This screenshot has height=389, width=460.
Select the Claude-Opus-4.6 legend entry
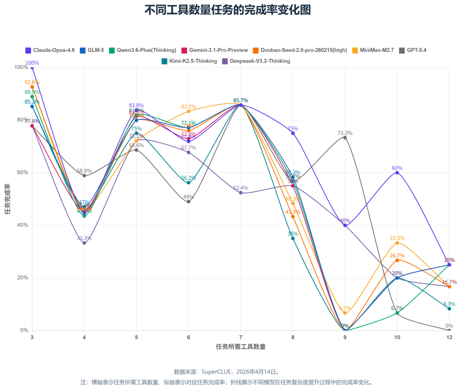pyautogui.click(x=50, y=50)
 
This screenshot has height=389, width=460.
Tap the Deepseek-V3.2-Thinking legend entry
pyautogui.click(x=256, y=61)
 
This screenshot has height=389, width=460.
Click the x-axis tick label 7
pyautogui.click(x=241, y=337)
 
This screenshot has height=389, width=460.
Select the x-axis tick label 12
pyautogui.click(x=449, y=337)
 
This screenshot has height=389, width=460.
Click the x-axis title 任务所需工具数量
pyautogui.click(x=241, y=347)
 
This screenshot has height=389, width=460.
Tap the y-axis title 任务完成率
pyautogui.click(x=8, y=199)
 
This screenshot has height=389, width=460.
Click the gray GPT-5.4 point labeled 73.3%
pyautogui.click(x=345, y=137)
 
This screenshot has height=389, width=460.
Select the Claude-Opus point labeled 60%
pyautogui.click(x=397, y=173)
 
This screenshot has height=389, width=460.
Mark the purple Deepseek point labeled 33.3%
pyautogui.click(x=84, y=243)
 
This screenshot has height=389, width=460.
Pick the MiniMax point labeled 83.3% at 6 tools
pyautogui.click(x=189, y=111)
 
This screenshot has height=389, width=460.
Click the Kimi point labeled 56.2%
pyautogui.click(x=189, y=182)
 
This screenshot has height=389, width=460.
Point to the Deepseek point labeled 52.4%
pyautogui.click(x=241, y=193)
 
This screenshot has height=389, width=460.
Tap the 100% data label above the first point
pyautogui.click(x=32, y=63)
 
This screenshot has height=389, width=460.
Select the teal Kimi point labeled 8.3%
pyautogui.click(x=449, y=308)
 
